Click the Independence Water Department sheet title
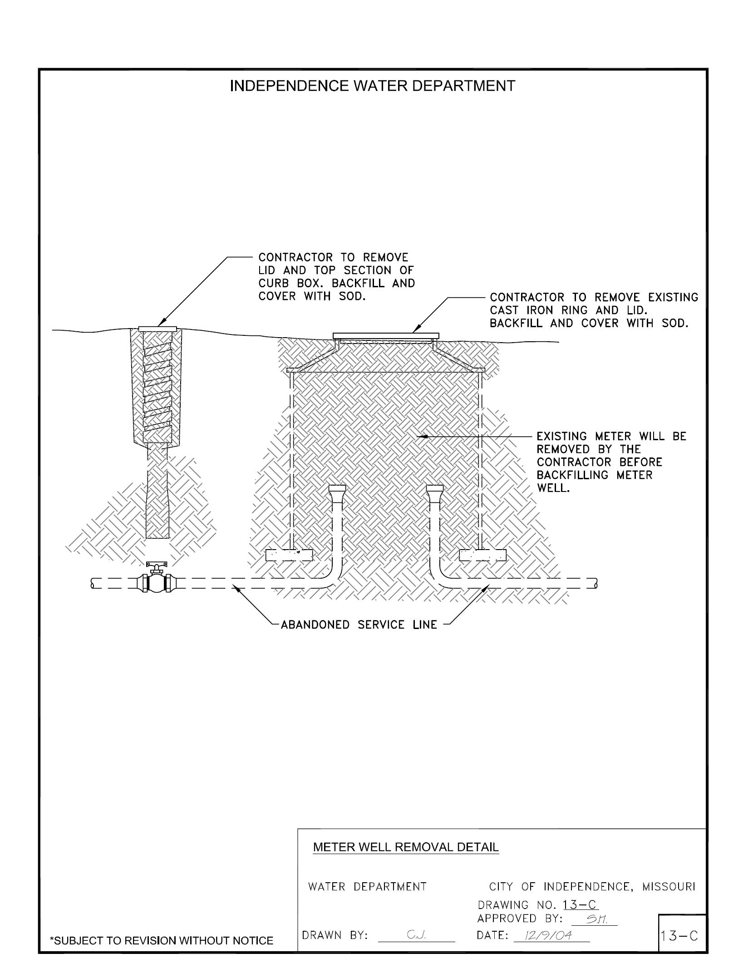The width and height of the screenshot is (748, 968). pyautogui.click(x=372, y=86)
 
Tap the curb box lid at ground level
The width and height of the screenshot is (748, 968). pyautogui.click(x=157, y=328)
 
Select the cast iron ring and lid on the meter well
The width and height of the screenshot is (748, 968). pyautogui.click(x=386, y=336)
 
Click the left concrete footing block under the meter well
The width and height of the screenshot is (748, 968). pyautogui.click(x=289, y=555)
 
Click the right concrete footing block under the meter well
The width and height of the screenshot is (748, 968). pyautogui.click(x=482, y=555)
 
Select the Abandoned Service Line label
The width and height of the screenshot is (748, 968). pyautogui.click(x=359, y=625)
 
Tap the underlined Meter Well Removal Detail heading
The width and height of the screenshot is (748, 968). pyautogui.click(x=406, y=847)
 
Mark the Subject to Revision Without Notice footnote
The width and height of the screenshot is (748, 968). pyautogui.click(x=162, y=941)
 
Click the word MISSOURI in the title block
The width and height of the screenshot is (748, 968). pyautogui.click(x=669, y=886)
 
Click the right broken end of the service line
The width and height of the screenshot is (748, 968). pyautogui.click(x=595, y=584)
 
